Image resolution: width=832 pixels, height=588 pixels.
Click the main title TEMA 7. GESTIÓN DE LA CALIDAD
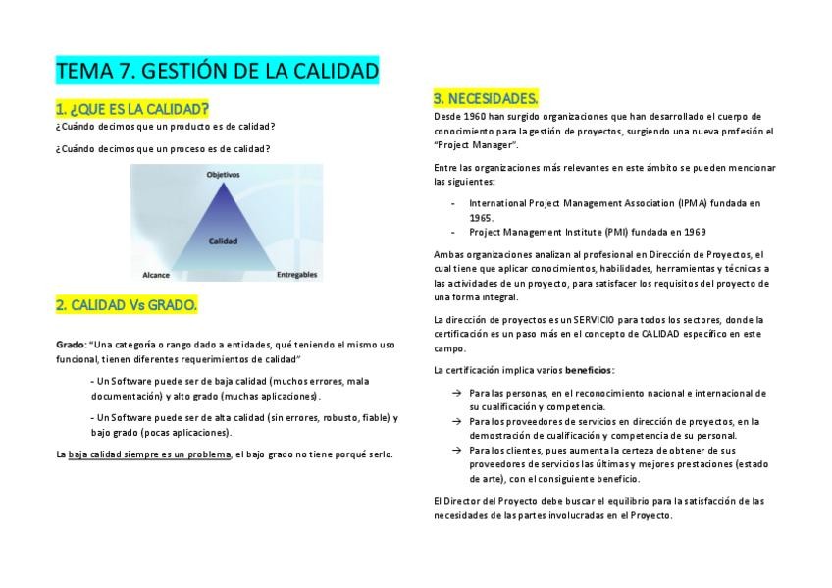pos(217,72)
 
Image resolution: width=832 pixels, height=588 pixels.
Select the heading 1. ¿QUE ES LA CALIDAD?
pos(132,108)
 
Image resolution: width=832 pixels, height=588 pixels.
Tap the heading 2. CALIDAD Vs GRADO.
pos(127,305)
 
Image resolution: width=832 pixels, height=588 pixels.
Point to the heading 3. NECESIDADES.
pos(486,98)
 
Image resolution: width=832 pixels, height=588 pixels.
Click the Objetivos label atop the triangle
pos(223,175)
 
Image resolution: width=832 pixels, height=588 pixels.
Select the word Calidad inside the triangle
pos(224,240)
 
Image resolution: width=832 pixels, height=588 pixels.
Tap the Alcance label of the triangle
pos(155,276)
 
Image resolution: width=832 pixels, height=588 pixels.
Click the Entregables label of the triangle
pos(296,276)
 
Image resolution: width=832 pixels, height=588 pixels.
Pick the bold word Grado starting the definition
pos(70,345)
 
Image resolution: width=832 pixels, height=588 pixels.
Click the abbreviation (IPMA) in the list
pos(692,203)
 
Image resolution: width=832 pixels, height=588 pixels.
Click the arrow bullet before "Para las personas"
pos(456,393)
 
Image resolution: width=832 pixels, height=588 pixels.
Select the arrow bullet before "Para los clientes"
pos(456,450)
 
